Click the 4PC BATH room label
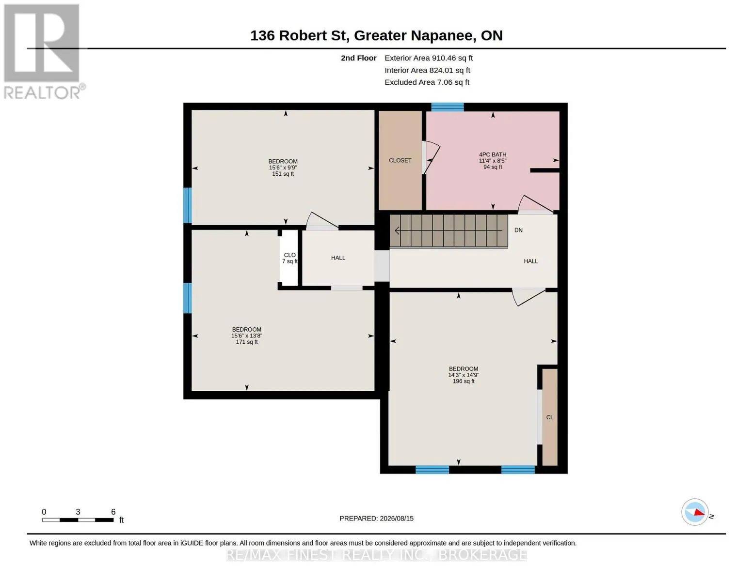(x=493, y=161)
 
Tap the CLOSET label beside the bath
(x=400, y=160)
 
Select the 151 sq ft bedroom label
(x=283, y=168)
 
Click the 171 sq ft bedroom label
(x=247, y=336)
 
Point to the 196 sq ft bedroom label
(x=464, y=375)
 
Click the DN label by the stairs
(x=518, y=230)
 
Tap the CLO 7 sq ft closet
(x=289, y=258)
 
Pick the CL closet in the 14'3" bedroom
(x=549, y=417)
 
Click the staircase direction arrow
(x=449, y=230)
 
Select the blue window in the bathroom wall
(x=448, y=107)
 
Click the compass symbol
(x=695, y=512)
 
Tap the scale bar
(x=78, y=520)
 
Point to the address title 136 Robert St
(x=376, y=35)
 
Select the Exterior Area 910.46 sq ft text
(x=429, y=58)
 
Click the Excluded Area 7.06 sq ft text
(x=427, y=82)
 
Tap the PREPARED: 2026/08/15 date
(x=376, y=519)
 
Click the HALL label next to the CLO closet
(x=338, y=258)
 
